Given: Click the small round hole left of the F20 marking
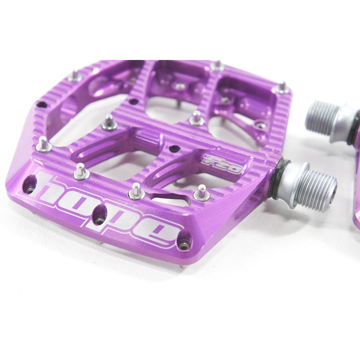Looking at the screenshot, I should [173, 148].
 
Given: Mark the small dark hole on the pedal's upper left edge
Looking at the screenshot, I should [40, 105].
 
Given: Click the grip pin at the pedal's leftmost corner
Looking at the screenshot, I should [43, 142].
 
